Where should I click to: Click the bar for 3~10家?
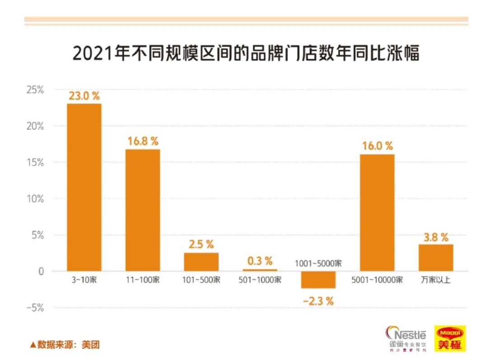pyautogui.click(x=84, y=187)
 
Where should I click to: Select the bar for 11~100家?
pyautogui.click(x=142, y=210)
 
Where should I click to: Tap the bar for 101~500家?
pyautogui.click(x=201, y=262)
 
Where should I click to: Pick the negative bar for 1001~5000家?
pyautogui.click(x=318, y=279)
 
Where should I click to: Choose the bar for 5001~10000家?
pyautogui.click(x=377, y=213)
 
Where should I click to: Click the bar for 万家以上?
pyautogui.click(x=436, y=258)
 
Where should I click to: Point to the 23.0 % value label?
pyautogui.click(x=84, y=96)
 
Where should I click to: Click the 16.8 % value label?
pyautogui.click(x=142, y=142)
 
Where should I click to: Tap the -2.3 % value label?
pyautogui.click(x=318, y=300)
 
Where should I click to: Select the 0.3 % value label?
pyautogui.click(x=260, y=261)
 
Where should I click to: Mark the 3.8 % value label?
pyautogui.click(x=436, y=237)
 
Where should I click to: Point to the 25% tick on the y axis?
pyautogui.click(x=34, y=90)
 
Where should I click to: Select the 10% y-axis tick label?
pyautogui.click(x=34, y=199)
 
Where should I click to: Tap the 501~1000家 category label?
pyautogui.click(x=260, y=280)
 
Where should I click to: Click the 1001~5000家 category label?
pyautogui.click(x=318, y=263)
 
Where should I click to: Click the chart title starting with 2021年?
pyautogui.click(x=246, y=53)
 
